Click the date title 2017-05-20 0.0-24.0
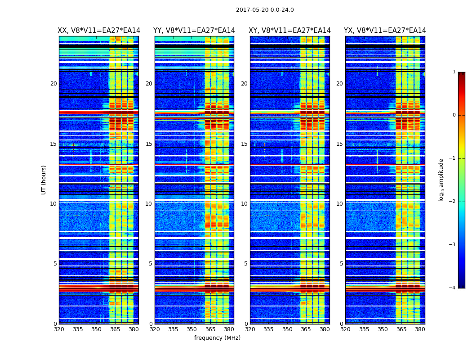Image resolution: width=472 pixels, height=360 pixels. pyautogui.click(x=265, y=10)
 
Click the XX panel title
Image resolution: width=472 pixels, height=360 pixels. pyautogui.click(x=99, y=31)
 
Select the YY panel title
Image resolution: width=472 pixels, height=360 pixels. pyautogui.click(x=194, y=31)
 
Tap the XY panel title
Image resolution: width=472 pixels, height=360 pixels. pyautogui.click(x=290, y=31)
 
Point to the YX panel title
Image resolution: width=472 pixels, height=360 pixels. pyautogui.click(x=385, y=31)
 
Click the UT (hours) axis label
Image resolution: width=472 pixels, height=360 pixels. pyautogui.click(x=44, y=180)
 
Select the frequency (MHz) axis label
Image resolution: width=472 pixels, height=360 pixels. pyautogui.click(x=217, y=338)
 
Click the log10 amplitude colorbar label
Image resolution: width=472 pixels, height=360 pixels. pyautogui.click(x=441, y=180)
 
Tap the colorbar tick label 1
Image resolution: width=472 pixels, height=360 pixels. pyautogui.click(x=454, y=72)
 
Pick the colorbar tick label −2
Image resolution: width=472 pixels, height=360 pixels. pyautogui.click(x=453, y=202)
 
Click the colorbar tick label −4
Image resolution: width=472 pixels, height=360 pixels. pyautogui.click(x=453, y=288)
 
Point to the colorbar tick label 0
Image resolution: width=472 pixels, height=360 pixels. pyautogui.click(x=454, y=115)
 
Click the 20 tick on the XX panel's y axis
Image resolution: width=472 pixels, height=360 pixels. pyautogui.click(x=53, y=84)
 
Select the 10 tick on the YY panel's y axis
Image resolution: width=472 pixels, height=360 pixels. pyautogui.click(x=149, y=204)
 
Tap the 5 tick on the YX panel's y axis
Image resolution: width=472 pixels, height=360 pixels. pyautogui.click(x=341, y=264)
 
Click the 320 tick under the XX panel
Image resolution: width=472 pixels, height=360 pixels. pyautogui.click(x=59, y=329)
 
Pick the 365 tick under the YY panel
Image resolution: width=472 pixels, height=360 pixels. pyautogui.click(x=210, y=329)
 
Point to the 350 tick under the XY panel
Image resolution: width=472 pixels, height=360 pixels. pyautogui.click(x=287, y=329)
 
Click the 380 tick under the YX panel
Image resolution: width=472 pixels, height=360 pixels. pyautogui.click(x=420, y=329)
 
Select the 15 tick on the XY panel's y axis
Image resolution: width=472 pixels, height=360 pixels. pyautogui.click(x=244, y=144)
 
